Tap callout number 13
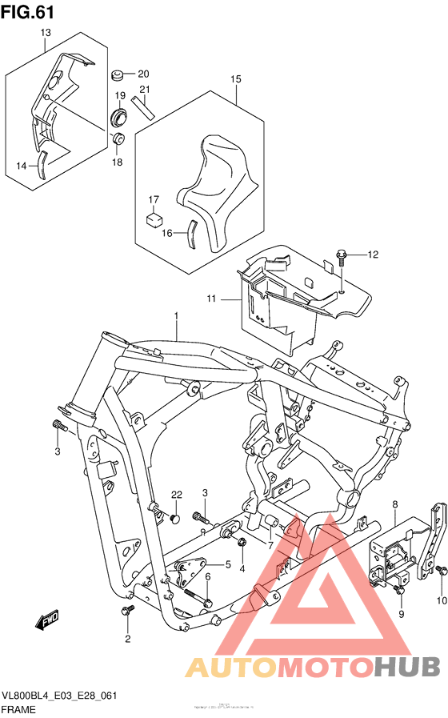(x=45, y=33)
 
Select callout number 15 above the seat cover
(x=236, y=79)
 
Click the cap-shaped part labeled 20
(x=117, y=75)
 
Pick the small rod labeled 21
(x=143, y=106)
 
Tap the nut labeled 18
(x=118, y=141)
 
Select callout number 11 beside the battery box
(x=210, y=299)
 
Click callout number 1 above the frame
(x=176, y=318)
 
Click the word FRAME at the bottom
(x=18, y=709)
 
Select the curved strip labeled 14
(x=45, y=163)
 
